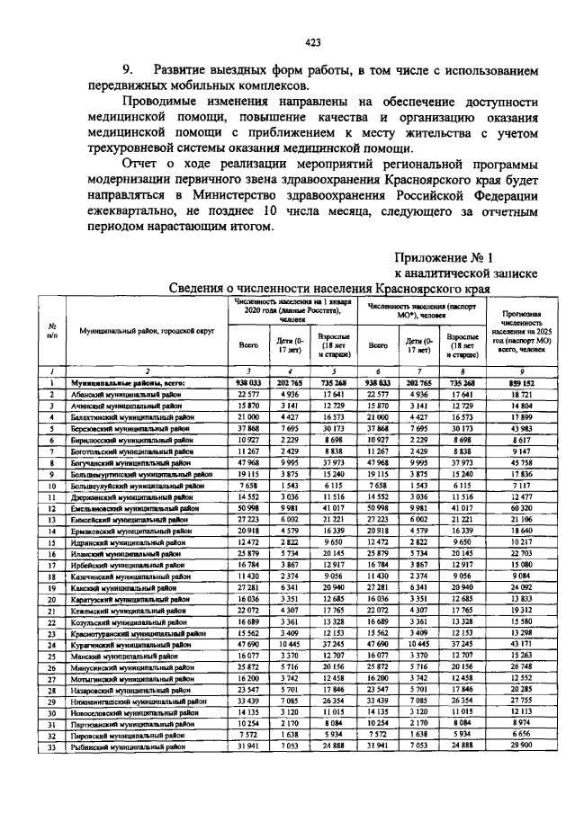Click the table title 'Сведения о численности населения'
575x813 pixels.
tap(329, 289)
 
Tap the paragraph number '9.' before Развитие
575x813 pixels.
tap(130, 69)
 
